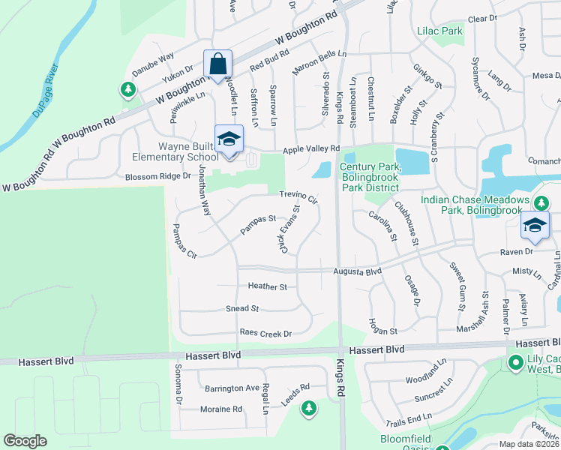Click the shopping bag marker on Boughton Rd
point(217,64)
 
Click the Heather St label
point(268,286)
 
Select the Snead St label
point(241,308)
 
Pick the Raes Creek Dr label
point(265,332)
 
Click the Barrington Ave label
point(232,388)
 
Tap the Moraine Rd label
point(221,409)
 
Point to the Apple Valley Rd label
point(312,148)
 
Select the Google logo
point(25,441)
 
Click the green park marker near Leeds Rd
point(307,409)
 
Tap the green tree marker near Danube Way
point(128,91)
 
